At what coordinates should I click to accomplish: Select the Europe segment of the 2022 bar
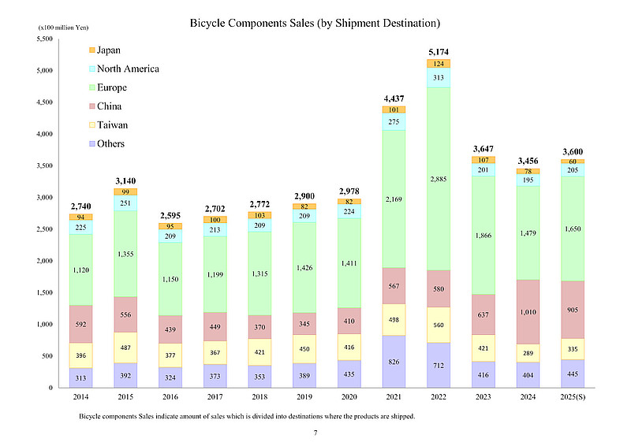pyautogui.click(x=439, y=180)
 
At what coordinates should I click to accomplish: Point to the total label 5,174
pyautogui.click(x=439, y=52)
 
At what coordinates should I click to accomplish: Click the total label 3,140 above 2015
pyautogui.click(x=125, y=180)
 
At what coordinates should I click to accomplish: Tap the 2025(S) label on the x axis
pyautogui.click(x=572, y=398)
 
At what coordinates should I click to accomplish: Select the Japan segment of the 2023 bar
pyautogui.click(x=483, y=160)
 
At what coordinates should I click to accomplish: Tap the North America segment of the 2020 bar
pyautogui.click(x=349, y=210)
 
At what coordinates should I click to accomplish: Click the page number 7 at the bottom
pyautogui.click(x=315, y=433)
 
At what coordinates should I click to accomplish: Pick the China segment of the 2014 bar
pyautogui.click(x=81, y=324)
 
